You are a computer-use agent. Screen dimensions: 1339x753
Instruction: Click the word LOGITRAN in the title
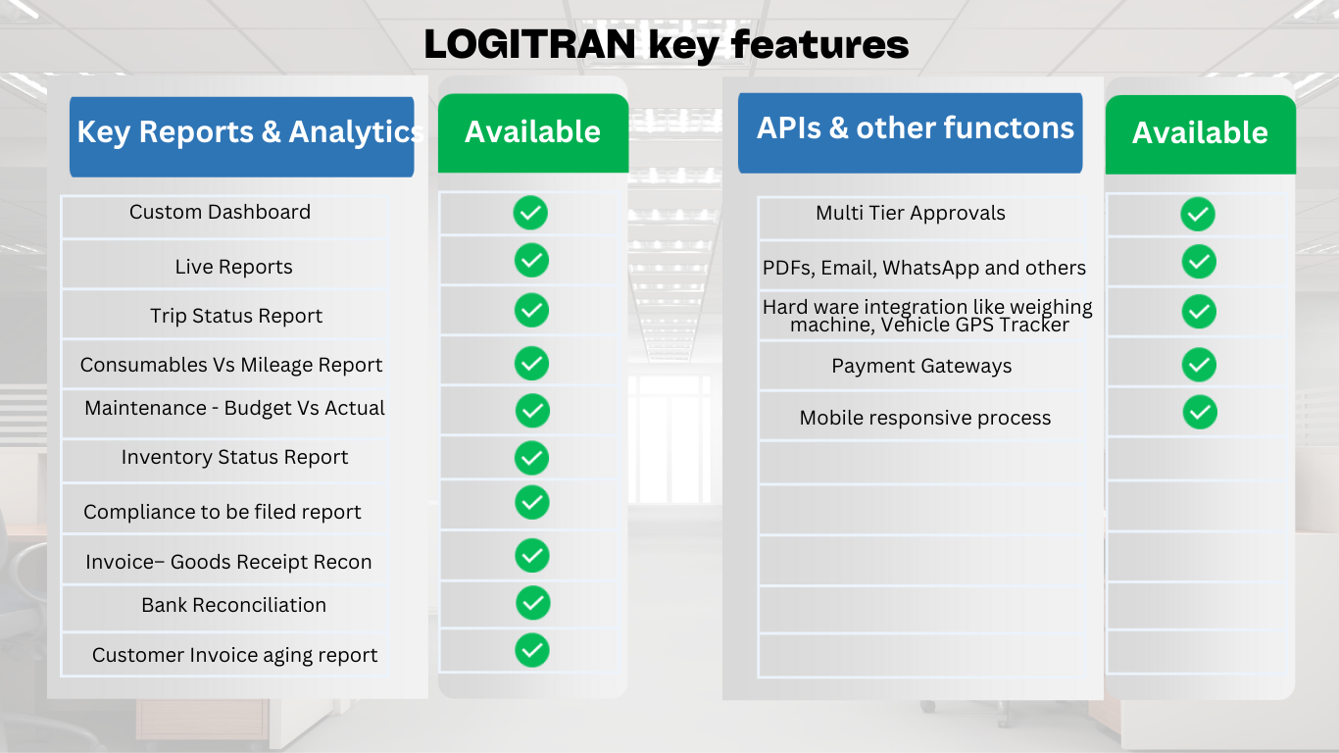(529, 44)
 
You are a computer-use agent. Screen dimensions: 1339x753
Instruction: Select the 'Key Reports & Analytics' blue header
(241, 137)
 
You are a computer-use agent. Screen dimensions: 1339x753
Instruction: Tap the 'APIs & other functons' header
(910, 132)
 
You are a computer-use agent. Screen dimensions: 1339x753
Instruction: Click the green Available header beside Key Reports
(532, 132)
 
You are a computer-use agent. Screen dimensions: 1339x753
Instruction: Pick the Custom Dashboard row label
(220, 212)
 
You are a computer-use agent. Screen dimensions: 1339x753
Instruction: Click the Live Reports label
(233, 267)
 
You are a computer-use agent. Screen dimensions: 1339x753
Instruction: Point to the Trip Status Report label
(236, 316)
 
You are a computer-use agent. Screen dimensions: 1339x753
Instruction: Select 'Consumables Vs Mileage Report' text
(231, 365)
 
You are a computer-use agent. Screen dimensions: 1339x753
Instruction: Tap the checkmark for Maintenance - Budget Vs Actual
(532, 410)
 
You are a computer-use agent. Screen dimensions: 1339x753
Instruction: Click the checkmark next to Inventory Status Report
(531, 458)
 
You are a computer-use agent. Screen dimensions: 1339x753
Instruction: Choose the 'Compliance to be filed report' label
(223, 512)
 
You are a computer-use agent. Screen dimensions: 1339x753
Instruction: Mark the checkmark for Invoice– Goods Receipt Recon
(532, 556)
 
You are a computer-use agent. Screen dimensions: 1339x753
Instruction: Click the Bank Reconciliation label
(233, 605)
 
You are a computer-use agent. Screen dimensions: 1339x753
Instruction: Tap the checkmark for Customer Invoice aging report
(532, 650)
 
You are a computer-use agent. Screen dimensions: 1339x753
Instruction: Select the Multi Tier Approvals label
(911, 213)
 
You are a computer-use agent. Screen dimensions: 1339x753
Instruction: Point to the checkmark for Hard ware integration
(1199, 312)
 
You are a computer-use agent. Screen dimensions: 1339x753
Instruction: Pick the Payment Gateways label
(921, 366)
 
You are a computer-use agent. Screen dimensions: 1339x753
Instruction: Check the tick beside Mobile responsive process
(1200, 412)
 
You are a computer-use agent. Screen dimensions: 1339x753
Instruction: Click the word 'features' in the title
(820, 44)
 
